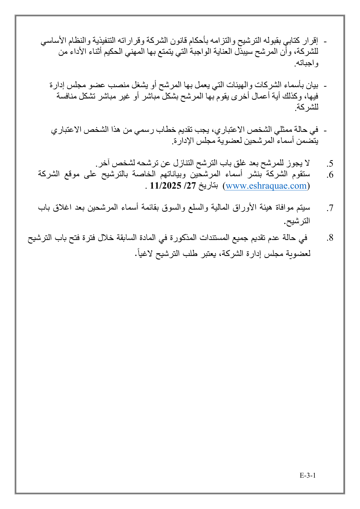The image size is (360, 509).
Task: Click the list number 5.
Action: coord(330,163)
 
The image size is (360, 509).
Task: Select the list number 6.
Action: coord(330,175)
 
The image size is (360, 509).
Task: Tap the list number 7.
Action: coord(330,208)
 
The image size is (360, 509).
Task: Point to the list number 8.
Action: coord(330,238)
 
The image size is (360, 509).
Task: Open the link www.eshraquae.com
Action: coord(266,186)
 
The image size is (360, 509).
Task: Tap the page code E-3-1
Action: coord(307,475)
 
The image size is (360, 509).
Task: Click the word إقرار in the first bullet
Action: coord(312,40)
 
